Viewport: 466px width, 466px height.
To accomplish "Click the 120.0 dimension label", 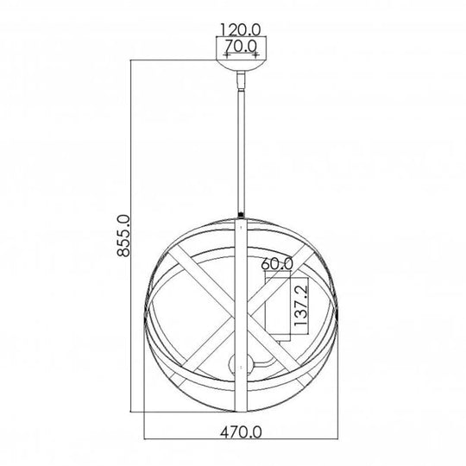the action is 241,29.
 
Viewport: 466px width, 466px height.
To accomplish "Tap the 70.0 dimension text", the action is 241,46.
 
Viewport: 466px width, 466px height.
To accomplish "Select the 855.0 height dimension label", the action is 123,236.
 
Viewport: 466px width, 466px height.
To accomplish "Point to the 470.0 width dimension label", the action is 241,431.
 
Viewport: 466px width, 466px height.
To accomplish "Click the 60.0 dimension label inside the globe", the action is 277,263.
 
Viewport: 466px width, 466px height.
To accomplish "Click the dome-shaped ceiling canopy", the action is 241,66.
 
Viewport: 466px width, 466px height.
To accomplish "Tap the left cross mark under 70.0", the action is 227,55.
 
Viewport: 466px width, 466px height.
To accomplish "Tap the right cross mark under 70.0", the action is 255,55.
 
